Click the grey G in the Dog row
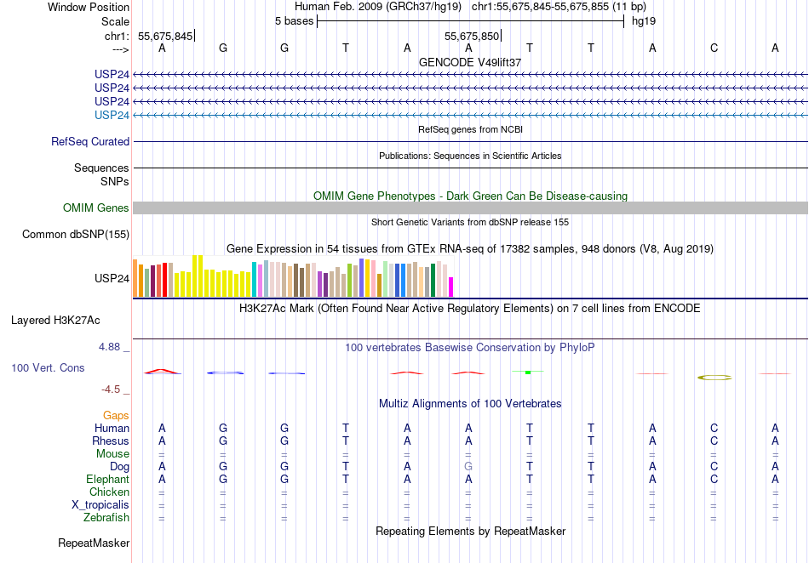(468, 466)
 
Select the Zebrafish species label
(106, 517)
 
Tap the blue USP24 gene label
(112, 115)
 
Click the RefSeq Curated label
(90, 142)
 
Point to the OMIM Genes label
(96, 208)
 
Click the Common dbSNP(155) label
(76, 235)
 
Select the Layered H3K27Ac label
(55, 321)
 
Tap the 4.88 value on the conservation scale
(111, 347)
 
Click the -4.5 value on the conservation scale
(112, 390)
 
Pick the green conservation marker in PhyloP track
(528, 372)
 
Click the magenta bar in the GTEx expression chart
(451, 287)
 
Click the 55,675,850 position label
(472, 37)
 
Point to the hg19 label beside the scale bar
(643, 20)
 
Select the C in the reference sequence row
(714, 48)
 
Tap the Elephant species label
(107, 479)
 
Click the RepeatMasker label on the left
(94, 543)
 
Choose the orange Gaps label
(116, 415)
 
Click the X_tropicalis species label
(100, 504)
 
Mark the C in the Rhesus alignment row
(714, 441)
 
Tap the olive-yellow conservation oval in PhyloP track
(714, 377)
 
